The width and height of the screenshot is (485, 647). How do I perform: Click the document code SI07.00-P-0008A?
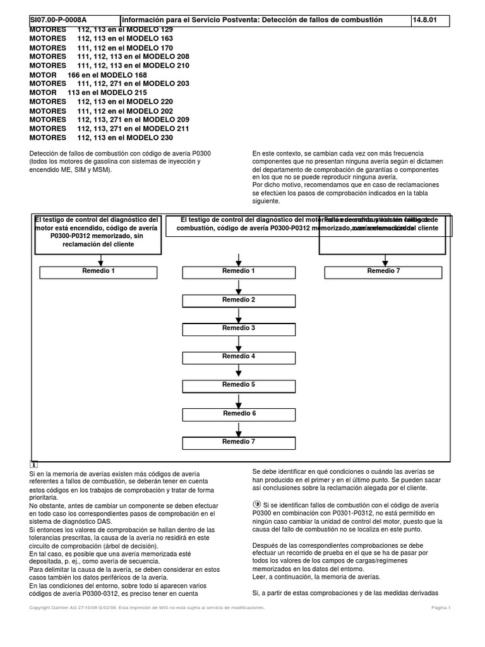(58, 20)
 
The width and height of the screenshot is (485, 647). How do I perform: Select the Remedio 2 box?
(239, 300)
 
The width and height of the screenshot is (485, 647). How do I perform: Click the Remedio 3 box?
(239, 329)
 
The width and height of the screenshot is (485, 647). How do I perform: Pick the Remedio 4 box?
(239, 357)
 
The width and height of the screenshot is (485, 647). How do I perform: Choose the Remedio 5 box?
(239, 385)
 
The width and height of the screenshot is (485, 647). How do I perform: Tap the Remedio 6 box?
(239, 414)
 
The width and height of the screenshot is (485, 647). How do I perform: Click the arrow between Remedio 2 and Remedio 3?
(239, 315)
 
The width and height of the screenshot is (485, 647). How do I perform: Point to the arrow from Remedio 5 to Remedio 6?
(239, 400)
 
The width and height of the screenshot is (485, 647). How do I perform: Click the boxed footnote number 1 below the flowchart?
(33, 465)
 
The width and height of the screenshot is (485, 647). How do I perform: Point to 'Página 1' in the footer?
(441, 607)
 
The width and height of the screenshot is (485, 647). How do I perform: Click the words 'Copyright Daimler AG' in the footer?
(56, 607)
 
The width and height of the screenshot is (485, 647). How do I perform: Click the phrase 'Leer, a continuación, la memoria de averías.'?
(316, 576)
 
